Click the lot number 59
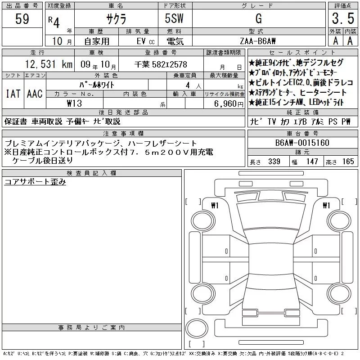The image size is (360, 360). click(x=22, y=18)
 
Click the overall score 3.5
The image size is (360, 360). click(x=343, y=18)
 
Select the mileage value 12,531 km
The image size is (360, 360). click(x=49, y=64)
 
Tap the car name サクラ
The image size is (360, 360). click(x=116, y=19)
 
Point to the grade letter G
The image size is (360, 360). click(x=259, y=18)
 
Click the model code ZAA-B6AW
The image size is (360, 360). click(x=257, y=41)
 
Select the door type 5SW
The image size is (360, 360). click(x=174, y=18)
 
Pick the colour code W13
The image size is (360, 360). click(x=74, y=103)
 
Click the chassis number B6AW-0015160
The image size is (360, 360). click(x=302, y=143)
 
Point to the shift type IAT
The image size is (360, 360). click(x=13, y=94)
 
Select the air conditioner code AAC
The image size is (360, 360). click(x=35, y=94)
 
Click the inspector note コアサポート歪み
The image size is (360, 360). click(x=35, y=182)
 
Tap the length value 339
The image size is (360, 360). click(x=274, y=162)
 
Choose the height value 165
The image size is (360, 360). click(x=348, y=162)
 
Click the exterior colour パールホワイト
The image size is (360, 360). click(x=97, y=85)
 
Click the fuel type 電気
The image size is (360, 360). click(x=175, y=41)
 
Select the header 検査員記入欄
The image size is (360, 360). click(x=91, y=173)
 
